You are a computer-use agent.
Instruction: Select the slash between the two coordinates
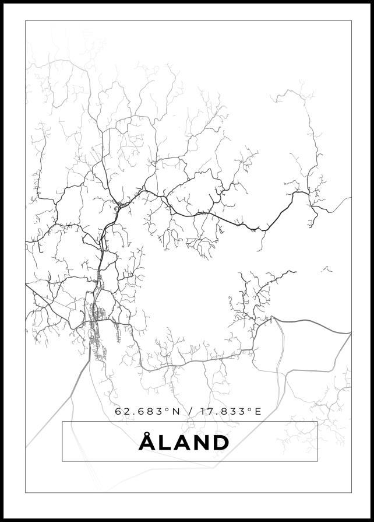[189, 412]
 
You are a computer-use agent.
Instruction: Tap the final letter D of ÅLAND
[219, 443]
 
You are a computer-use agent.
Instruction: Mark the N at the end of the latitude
[177, 412]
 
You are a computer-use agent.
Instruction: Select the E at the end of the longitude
[258, 412]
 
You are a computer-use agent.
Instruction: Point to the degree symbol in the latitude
[168, 409]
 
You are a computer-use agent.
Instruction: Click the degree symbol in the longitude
[250, 409]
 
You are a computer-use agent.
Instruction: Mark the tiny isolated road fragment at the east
[326, 269]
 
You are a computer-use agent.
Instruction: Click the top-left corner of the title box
[62, 422]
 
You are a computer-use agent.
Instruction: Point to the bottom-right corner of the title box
[317, 461]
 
